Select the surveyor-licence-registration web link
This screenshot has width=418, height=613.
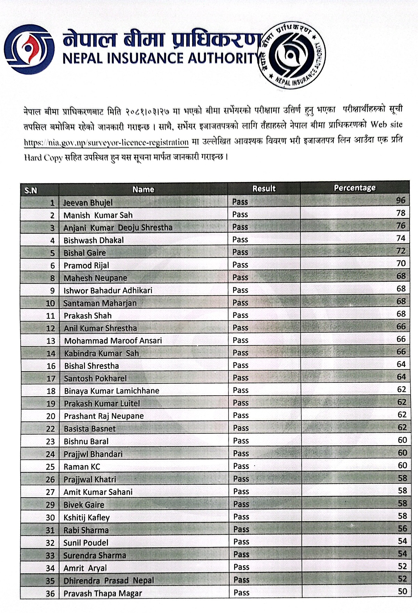coord(106,142)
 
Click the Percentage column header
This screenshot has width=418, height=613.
coord(355,188)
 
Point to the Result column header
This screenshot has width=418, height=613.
coord(264,189)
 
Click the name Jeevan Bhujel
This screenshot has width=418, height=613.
coord(88,202)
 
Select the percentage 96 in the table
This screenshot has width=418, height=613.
coord(401,200)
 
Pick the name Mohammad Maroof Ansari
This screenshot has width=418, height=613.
coord(113,341)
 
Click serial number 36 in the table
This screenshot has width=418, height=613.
coord(51,594)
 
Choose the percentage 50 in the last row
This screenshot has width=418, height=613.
coord(402,591)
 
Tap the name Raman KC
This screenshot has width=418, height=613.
coord(82,467)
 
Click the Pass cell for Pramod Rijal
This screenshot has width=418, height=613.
coord(240,265)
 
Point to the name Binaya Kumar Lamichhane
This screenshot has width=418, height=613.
coord(111,391)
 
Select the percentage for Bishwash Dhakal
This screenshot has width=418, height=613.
coord(401,238)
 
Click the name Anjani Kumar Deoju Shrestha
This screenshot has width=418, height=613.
coord(118,228)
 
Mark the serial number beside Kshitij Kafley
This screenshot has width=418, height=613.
coord(51,518)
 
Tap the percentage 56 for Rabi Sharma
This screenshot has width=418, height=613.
coord(402,528)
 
